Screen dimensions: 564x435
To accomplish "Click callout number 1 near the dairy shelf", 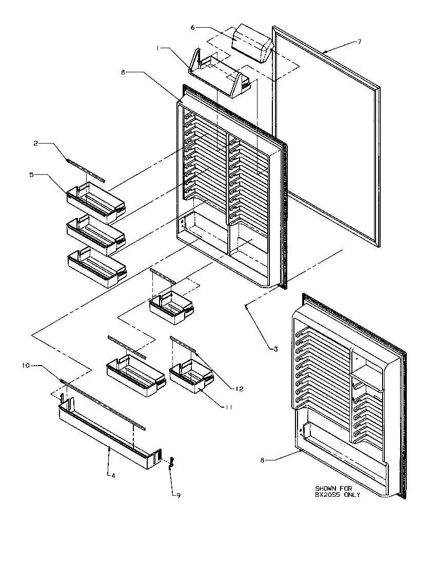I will (160, 48).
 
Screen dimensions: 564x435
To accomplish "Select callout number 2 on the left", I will (35, 144).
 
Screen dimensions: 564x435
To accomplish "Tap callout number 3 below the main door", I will (275, 349).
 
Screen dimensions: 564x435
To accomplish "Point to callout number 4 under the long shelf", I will (113, 475).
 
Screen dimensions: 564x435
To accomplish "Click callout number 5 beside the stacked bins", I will (31, 175).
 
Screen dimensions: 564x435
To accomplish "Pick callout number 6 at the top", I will (193, 27).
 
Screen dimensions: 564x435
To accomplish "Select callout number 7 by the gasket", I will (359, 42).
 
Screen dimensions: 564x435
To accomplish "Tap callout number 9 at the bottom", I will (178, 495).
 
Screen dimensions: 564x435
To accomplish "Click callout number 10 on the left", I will (25, 366).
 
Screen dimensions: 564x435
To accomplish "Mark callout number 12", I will (240, 389).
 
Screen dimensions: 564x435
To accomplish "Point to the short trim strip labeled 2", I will (85, 170).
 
